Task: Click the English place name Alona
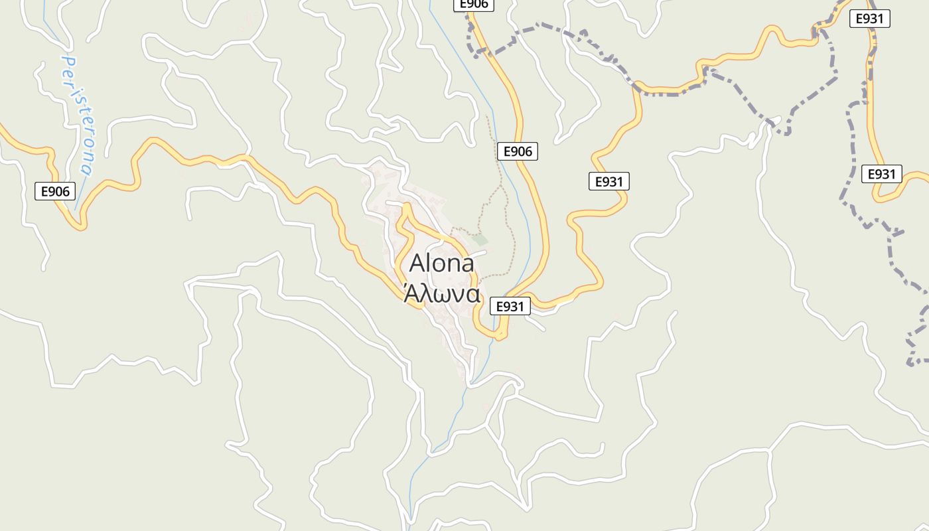click(441, 264)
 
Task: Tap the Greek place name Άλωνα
click(441, 293)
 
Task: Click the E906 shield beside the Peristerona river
click(55, 191)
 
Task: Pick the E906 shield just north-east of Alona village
click(518, 151)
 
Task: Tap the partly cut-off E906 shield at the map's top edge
click(474, 4)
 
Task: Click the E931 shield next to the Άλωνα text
click(510, 306)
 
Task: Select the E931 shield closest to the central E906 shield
click(608, 181)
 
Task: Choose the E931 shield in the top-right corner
click(869, 19)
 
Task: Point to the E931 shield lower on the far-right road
click(882, 175)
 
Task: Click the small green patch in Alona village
click(480, 240)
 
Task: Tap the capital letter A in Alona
click(417, 264)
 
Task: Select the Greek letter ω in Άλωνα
click(435, 294)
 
